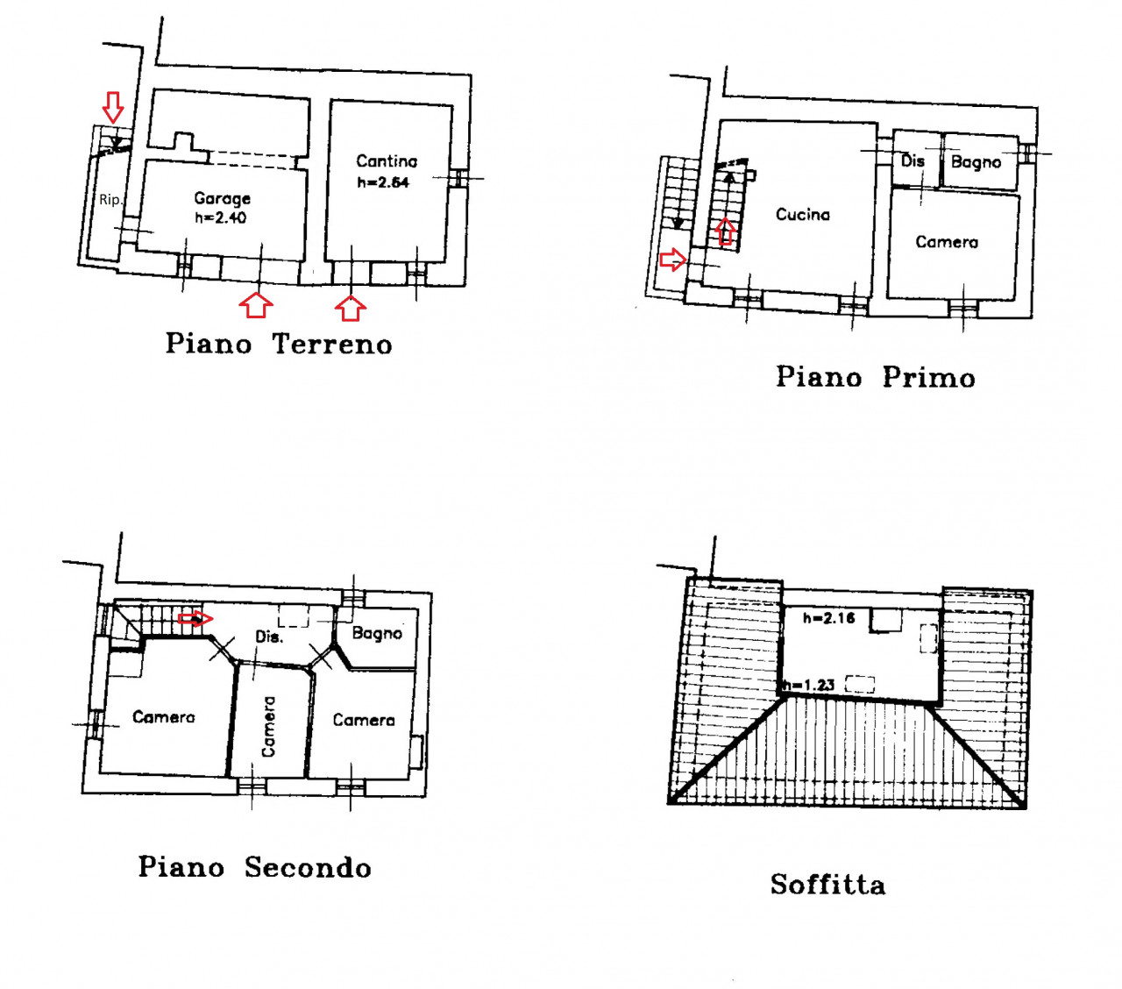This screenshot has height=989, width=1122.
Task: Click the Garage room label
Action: click(222, 198)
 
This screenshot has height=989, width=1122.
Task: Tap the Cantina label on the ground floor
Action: click(386, 161)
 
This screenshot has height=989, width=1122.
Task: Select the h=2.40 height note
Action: click(220, 217)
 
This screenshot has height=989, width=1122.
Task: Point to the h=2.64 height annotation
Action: click(383, 182)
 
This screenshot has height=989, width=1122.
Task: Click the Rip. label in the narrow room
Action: click(110, 200)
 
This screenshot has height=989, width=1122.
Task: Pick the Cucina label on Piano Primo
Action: click(802, 215)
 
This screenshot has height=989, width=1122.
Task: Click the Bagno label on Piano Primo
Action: click(976, 162)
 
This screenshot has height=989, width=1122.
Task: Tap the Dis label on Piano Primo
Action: click(913, 160)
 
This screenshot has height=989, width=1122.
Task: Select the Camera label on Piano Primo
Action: click(947, 242)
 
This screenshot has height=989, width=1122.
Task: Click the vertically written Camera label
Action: click(268, 726)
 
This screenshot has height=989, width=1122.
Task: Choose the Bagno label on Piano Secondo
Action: click(377, 633)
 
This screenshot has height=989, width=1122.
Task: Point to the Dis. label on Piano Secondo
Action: click(269, 637)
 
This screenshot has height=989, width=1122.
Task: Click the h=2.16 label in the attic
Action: click(828, 618)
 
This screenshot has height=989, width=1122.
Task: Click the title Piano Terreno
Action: click(279, 344)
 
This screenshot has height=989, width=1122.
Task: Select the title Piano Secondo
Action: click(254, 866)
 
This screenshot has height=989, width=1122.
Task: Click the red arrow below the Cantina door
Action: click(351, 308)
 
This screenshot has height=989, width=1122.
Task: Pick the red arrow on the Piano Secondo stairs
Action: click(195, 618)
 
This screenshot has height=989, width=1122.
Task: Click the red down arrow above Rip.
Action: click(114, 108)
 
